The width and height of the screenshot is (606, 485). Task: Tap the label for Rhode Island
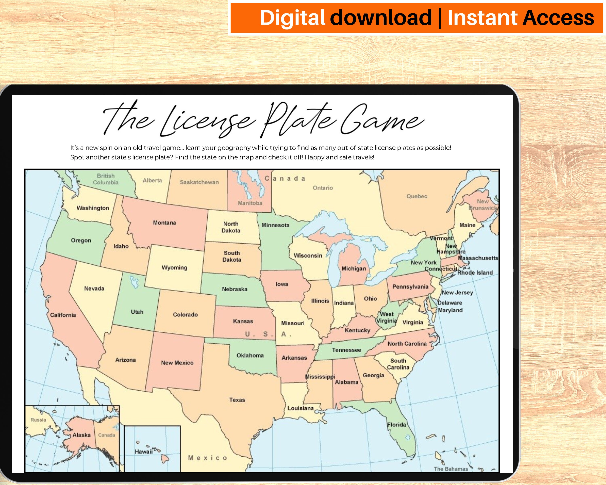tap(475, 272)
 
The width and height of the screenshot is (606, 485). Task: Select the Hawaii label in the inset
tap(143, 451)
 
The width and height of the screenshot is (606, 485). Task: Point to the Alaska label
tap(82, 435)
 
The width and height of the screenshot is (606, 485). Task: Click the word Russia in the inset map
tap(38, 420)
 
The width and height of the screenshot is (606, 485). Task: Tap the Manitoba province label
tap(250, 203)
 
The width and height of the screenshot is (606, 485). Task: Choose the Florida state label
tap(396, 425)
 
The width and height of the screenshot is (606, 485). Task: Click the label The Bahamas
tap(451, 469)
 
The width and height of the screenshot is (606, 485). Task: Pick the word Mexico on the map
tap(207, 458)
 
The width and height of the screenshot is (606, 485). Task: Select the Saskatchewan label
tap(199, 182)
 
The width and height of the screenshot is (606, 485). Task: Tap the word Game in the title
tap(382, 119)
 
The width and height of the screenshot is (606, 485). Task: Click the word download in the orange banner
tap(381, 17)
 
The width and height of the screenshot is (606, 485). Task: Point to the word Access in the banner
tap(558, 17)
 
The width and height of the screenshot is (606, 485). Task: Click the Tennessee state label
tap(346, 350)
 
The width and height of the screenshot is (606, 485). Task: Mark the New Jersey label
tap(457, 292)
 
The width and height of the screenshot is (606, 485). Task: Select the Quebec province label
tap(417, 196)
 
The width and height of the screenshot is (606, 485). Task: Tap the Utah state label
tap(137, 312)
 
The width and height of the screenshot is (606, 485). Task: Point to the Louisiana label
tap(300, 408)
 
